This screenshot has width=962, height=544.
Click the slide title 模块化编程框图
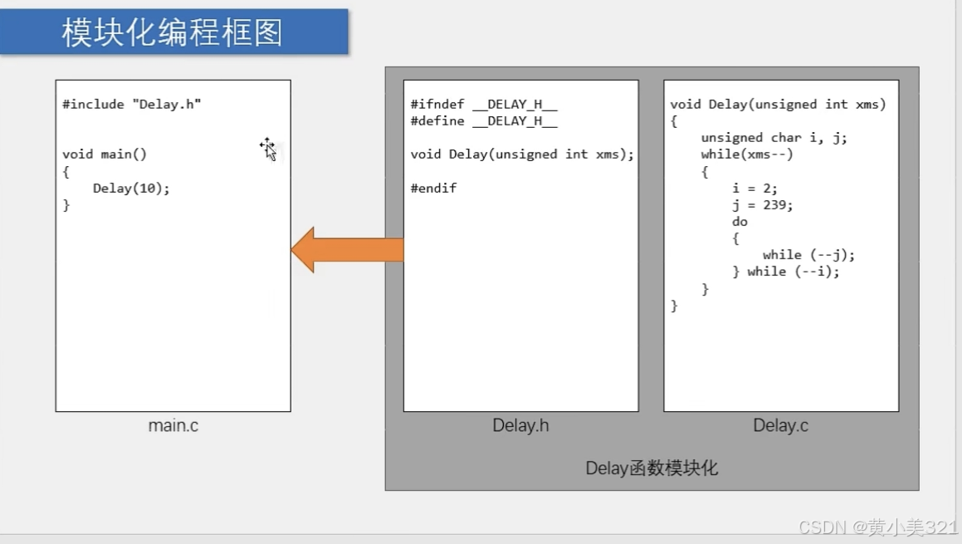point(173,32)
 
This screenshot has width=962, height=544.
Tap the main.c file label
point(173,426)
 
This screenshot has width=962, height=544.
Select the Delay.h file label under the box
point(520,426)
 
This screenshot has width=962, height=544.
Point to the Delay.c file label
point(780,426)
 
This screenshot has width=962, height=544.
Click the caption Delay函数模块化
point(652,468)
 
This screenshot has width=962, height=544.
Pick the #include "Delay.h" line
point(132,105)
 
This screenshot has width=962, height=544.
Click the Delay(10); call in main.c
point(131,189)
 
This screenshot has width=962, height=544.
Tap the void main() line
point(105,154)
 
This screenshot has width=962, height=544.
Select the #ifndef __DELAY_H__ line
point(484,105)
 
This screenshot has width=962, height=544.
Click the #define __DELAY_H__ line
point(484,121)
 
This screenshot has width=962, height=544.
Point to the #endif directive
point(433,189)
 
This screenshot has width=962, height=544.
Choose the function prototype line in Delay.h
point(522,154)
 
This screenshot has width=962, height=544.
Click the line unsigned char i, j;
point(774,138)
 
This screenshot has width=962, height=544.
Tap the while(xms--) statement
point(747,154)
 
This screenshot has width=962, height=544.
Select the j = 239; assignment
point(762,205)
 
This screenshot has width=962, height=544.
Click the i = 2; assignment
point(754,189)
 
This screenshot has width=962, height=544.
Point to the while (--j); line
point(808,255)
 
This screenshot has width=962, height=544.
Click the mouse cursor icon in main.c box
point(268,149)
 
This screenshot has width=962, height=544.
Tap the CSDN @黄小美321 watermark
point(877,527)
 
